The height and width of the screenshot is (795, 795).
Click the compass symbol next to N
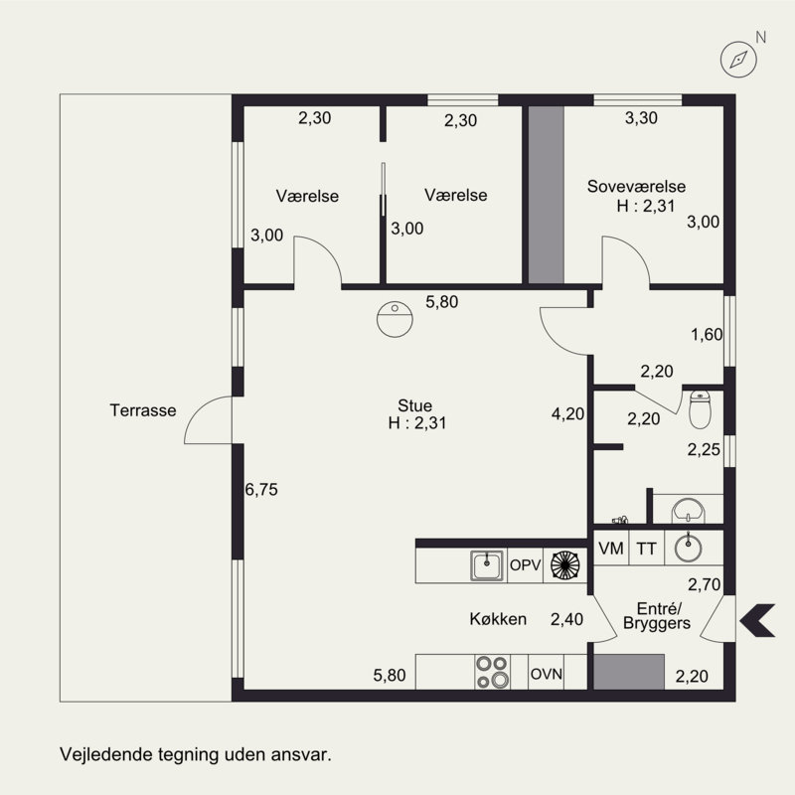(x=738, y=60)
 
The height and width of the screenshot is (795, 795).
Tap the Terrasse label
(x=143, y=410)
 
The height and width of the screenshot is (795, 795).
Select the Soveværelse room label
(x=636, y=187)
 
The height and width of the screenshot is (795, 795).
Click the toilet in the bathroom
(x=700, y=409)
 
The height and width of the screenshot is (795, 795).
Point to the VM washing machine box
(x=611, y=549)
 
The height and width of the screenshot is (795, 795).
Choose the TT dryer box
(x=647, y=549)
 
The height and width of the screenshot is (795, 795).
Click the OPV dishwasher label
(x=526, y=564)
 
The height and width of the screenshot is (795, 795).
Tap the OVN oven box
(x=546, y=673)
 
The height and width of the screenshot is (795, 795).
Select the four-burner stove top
(x=492, y=672)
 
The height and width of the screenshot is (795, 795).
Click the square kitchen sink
(x=487, y=565)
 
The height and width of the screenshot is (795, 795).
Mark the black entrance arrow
(x=757, y=620)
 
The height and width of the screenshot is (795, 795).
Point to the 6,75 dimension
(x=261, y=490)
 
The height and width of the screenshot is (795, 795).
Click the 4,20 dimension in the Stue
(x=567, y=414)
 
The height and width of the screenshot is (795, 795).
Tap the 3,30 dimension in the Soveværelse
(x=641, y=118)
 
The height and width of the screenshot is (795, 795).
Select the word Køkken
(x=498, y=619)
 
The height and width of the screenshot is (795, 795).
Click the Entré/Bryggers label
(x=657, y=615)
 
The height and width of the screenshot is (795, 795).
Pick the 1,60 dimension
(x=707, y=335)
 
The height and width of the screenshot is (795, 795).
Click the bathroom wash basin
(x=688, y=510)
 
